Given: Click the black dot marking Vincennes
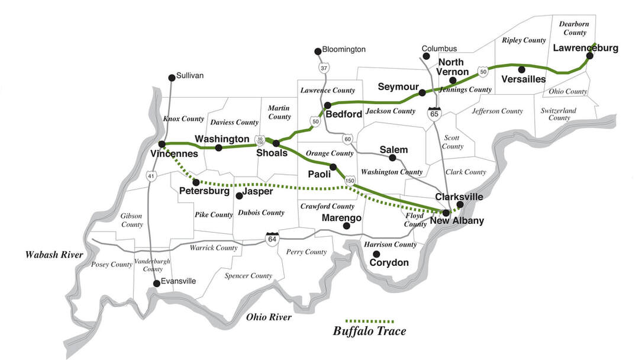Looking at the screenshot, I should coord(162,144).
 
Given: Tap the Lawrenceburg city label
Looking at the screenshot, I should coord(586,48).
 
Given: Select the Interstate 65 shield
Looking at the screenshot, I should coord(435,113).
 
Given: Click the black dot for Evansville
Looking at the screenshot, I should coord(156,283).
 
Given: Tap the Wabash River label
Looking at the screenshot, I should coord(53,255).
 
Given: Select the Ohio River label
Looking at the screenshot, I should coord(269,317).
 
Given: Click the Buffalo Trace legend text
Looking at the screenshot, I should coord(370,331).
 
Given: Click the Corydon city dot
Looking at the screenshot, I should coord(375,255).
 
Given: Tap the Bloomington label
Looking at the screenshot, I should coord(344,50).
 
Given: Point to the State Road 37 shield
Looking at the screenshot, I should coord(324,69).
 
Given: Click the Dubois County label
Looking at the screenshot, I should coord(261,213).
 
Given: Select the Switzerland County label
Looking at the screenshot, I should coord(559,114).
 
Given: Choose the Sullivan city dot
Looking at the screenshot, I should coord(172,77).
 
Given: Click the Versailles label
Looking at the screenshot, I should coord(523,79).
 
